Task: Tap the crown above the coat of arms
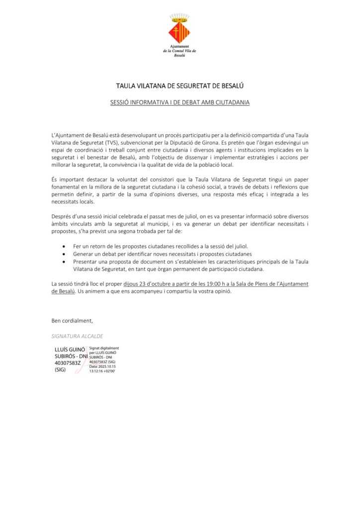(x=180, y=18)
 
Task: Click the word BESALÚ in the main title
(x=232, y=86)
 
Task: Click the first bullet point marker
(x=64, y=247)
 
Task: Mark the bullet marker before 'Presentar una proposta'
(x=64, y=261)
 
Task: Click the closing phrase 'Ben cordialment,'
(x=72, y=320)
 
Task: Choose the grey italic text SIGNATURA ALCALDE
(x=77, y=336)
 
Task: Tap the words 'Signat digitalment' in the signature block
(x=104, y=348)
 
